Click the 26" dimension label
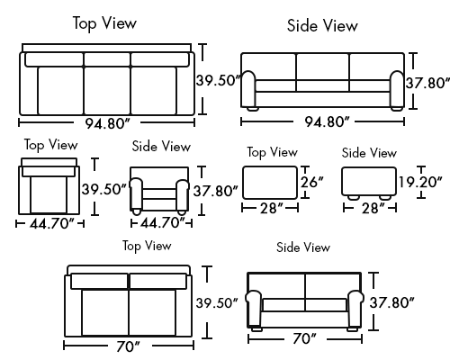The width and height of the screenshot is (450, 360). pyautogui.click(x=312, y=182)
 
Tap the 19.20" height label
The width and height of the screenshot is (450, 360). pyautogui.click(x=420, y=182)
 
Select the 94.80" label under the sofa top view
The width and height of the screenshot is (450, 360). pyautogui.click(x=108, y=123)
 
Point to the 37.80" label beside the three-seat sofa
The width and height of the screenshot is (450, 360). pyautogui.click(x=427, y=83)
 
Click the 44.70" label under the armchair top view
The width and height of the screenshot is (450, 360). pyautogui.click(x=51, y=223)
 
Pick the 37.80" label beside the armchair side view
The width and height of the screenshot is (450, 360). pyautogui.click(x=215, y=191)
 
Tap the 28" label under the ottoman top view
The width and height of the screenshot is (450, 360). pyautogui.click(x=272, y=208)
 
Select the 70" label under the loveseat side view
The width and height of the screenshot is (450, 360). pyautogui.click(x=304, y=338)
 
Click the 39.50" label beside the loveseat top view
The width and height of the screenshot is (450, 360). pyautogui.click(x=217, y=302)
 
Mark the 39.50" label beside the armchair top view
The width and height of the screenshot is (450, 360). pyautogui.click(x=103, y=189)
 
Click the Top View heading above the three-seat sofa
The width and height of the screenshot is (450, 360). pyautogui.click(x=104, y=23)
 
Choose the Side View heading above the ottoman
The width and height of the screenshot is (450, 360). pyautogui.click(x=369, y=153)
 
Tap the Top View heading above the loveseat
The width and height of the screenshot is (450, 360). pyautogui.click(x=147, y=246)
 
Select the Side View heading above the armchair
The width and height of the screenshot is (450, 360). pyautogui.click(x=161, y=146)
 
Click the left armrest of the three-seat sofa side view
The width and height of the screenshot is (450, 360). pyautogui.click(x=248, y=89)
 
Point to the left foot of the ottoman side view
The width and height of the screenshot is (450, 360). pyautogui.click(x=354, y=197)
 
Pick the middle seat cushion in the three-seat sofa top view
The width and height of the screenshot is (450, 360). pyautogui.click(x=107, y=91)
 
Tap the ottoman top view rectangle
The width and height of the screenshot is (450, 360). pyautogui.click(x=270, y=183)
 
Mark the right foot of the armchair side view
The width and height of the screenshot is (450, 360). pyautogui.click(x=182, y=211)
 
